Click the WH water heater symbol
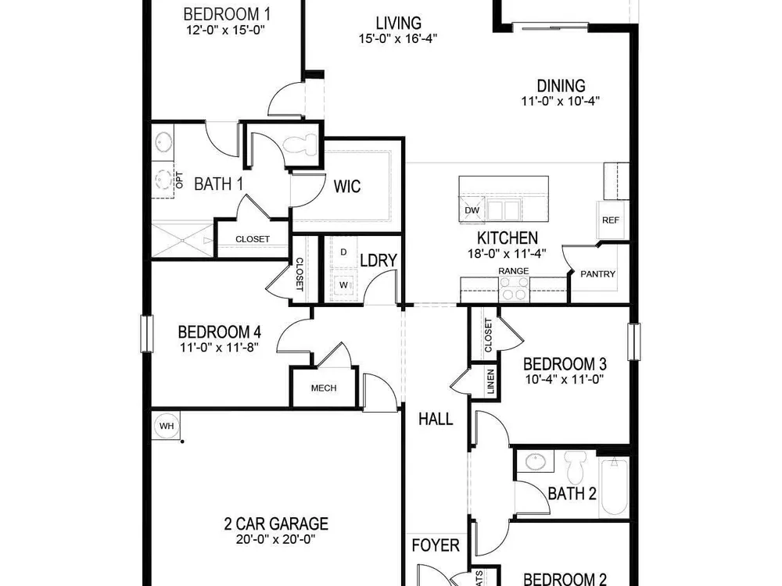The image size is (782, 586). (166, 426)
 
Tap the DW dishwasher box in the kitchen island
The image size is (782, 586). (472, 209)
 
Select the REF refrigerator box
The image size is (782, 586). (611, 220)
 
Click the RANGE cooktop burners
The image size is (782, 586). (515, 288)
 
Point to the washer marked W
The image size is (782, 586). (344, 285)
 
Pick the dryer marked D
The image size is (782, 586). (343, 252)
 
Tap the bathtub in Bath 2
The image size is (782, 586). (614, 487)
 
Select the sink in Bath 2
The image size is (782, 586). (535, 461)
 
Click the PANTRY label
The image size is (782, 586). (597, 273)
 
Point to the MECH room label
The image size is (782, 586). (324, 388)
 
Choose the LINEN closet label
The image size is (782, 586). (491, 382)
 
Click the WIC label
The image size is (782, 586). (347, 187)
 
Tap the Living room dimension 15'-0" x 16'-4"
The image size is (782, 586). (398, 38)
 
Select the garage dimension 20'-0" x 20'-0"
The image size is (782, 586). (276, 539)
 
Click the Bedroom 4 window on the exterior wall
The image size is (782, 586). (147, 334)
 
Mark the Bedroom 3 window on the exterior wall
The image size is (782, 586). (633, 341)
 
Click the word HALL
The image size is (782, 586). (436, 419)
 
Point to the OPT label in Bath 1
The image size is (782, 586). (180, 180)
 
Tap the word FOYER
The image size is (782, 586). (436, 545)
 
